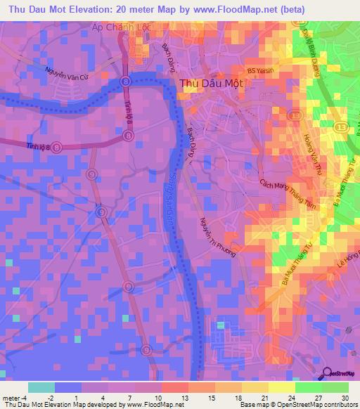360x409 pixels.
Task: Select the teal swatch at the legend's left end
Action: [x=41, y=387]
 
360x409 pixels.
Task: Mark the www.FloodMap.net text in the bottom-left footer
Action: [x=150, y=405]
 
